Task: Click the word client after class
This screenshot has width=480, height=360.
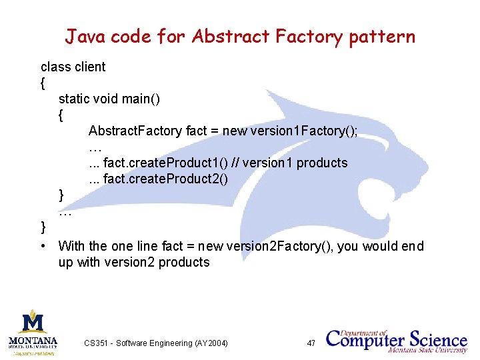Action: click(x=89, y=67)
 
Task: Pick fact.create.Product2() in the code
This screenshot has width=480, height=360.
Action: click(x=166, y=179)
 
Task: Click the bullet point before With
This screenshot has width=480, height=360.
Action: click(x=43, y=247)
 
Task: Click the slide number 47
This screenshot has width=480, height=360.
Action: click(x=311, y=343)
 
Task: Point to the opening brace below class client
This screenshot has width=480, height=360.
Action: click(x=43, y=83)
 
